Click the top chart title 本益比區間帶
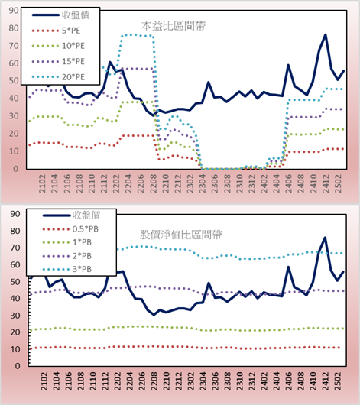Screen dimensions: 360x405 tap(174, 26)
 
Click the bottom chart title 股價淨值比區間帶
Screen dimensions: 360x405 tap(180, 235)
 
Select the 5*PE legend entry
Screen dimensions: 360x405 tap(56, 31)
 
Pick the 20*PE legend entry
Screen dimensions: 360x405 tap(58, 77)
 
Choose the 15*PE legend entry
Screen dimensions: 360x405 tap(58, 61)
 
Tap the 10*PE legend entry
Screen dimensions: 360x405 tap(58, 46)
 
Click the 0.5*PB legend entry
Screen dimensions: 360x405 tap(70, 229)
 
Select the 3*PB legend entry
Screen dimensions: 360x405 tap(67, 269)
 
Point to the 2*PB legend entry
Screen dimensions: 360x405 tap(67, 256)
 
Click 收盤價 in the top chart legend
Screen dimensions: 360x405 tap(60, 15)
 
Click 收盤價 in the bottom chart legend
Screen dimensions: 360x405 tap(71, 215)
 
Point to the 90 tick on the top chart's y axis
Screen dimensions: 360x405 tap(14, 11)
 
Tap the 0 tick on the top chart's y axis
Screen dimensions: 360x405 tap(16, 169)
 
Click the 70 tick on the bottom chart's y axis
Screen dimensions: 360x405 tap(15, 248)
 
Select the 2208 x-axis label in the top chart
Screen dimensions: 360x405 tap(154, 183)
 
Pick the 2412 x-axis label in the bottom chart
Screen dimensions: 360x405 tap(326, 381)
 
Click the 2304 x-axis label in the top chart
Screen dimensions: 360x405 tap(203, 183)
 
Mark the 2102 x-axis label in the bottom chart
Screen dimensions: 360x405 tap(44, 381)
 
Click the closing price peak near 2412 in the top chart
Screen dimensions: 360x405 tap(326, 34)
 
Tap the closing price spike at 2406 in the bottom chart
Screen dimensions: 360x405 tap(288, 267)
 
